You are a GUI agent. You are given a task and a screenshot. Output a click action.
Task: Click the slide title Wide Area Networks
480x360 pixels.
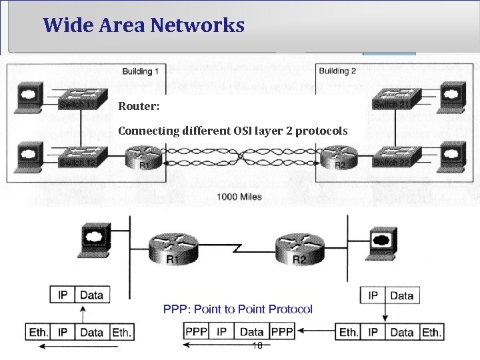pos(143,26)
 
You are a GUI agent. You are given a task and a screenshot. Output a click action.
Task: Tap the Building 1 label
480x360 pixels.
pos(140,71)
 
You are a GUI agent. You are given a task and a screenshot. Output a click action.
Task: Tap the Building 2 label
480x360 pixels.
pos(337,71)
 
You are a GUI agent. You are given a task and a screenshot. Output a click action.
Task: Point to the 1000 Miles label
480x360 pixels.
pos(239,196)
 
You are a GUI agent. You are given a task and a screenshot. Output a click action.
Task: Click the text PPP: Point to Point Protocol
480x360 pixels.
pos(238,309)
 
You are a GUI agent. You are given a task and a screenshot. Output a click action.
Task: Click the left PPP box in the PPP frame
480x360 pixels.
pos(196,331)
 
